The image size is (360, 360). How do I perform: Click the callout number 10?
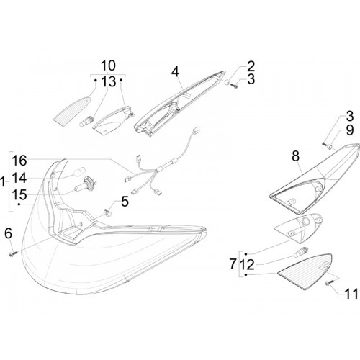coord(108,66)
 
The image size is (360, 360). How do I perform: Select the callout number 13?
coord(109,81)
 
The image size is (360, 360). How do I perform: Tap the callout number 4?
coord(176,71)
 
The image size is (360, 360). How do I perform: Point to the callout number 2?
coord(251,66)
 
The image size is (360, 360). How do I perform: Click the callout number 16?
coord(19,161)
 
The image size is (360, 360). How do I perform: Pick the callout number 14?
coord(19,178)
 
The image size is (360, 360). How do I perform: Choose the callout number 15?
coord(19,194)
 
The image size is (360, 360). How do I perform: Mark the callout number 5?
coord(125,201)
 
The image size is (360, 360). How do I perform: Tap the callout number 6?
coord(9,233)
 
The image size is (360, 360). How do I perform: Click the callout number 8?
coord(296,156)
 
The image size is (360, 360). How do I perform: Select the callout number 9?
coord(350,130)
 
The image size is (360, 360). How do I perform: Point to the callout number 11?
coord(351,293)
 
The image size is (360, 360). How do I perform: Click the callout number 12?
coord(247,265)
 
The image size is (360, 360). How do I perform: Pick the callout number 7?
coord(233,264)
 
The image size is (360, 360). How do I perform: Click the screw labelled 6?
coord(13,253)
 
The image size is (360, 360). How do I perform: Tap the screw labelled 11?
coord(329,284)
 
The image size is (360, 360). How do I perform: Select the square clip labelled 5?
coord(107,212)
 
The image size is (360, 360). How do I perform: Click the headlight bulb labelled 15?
coord(86,186)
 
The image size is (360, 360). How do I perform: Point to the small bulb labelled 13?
coord(86,121)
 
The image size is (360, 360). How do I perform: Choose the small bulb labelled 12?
coord(300,251)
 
